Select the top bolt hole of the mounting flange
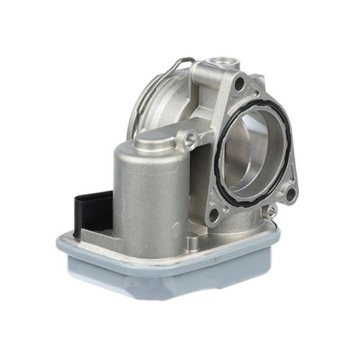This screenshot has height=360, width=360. click(x=239, y=84)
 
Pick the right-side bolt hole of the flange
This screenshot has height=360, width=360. click(x=291, y=193)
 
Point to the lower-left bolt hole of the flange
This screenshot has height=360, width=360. click(x=212, y=217)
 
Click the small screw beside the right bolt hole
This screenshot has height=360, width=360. click(x=271, y=212)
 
